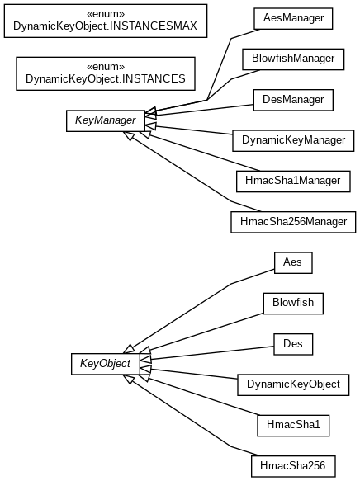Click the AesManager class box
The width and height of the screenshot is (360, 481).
point(293,19)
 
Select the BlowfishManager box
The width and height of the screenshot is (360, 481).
point(293,59)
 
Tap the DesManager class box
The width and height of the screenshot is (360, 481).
point(293,100)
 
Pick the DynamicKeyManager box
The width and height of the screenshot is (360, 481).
point(293,140)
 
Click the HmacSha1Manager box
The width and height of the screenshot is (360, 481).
point(293,182)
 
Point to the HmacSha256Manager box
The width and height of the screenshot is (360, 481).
point(293,222)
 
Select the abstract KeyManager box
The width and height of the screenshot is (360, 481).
point(106,120)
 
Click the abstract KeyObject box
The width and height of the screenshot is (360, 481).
point(106,364)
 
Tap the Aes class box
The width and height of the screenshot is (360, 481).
point(293,262)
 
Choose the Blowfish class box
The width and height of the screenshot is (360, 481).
point(293,304)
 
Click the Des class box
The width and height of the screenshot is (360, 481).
point(293,344)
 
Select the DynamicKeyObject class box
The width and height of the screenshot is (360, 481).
point(293,384)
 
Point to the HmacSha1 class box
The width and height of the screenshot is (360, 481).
point(293,426)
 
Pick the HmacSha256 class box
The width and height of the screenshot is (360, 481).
point(293,466)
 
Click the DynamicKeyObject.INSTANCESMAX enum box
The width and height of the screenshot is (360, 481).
point(106,21)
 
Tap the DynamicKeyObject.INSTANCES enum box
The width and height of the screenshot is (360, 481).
point(106,73)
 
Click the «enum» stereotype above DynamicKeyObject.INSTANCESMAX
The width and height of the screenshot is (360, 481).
point(106,14)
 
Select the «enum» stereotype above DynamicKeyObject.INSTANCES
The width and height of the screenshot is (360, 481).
point(106,67)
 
